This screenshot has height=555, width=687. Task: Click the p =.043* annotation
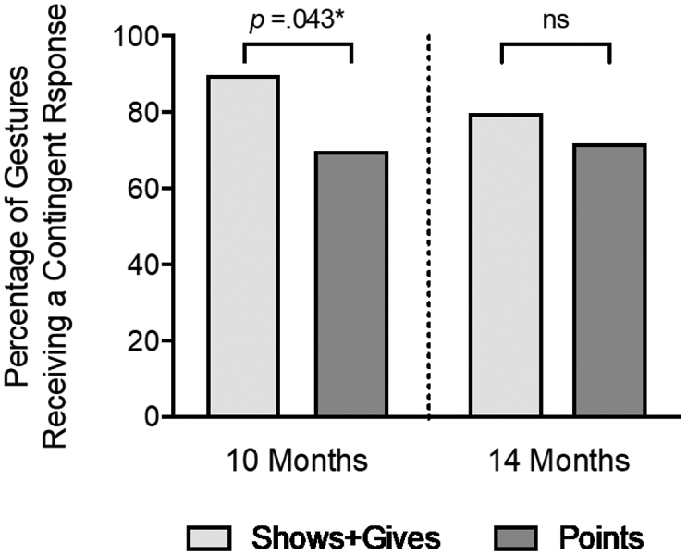coord(299,18)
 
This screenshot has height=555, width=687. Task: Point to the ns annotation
coord(555,18)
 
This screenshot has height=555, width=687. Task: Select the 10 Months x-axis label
coord(298,460)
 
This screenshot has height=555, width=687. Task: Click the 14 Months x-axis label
coord(555,460)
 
